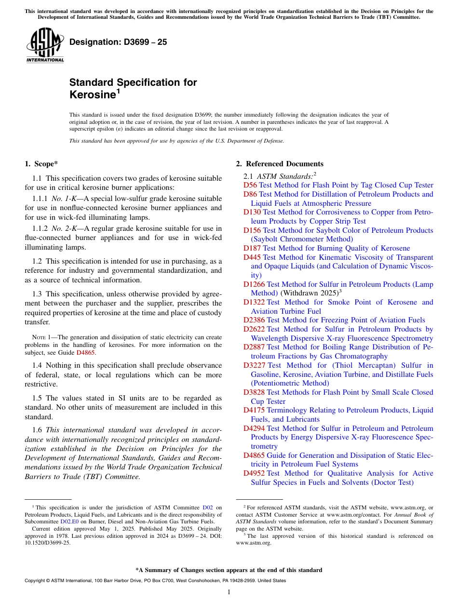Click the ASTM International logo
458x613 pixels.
(45, 45)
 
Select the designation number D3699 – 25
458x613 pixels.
(118, 42)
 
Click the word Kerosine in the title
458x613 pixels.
(92, 95)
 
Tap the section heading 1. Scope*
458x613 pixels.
(41, 164)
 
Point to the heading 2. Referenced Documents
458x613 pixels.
(280, 164)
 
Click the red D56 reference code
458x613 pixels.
(250, 185)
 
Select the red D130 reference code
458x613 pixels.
(252, 212)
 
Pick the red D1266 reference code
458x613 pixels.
(254, 284)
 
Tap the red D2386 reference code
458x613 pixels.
(254, 320)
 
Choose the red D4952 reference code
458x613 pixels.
(254, 473)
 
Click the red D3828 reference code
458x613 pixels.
(254, 392)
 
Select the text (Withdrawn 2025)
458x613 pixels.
(309, 293)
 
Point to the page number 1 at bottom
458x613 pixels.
(229, 592)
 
